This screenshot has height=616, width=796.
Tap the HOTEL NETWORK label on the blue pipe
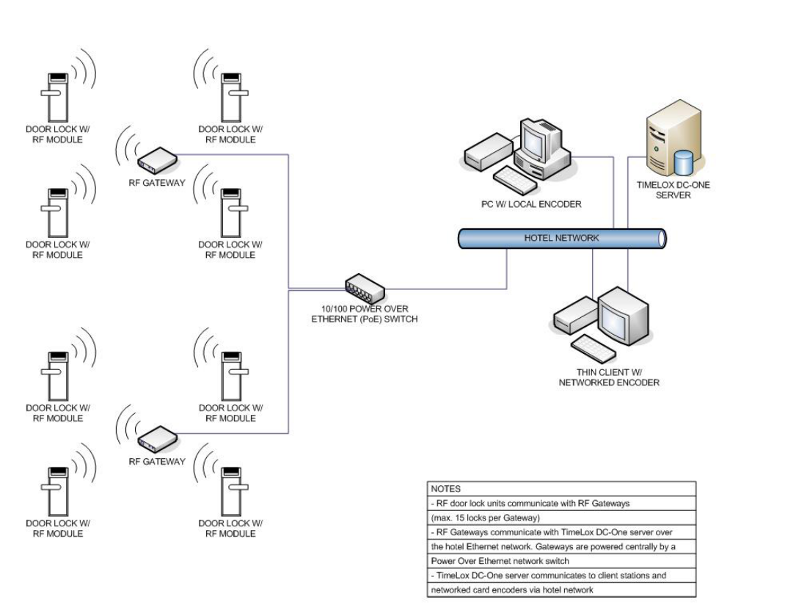click(561, 238)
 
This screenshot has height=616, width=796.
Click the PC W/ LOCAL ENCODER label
click(531, 204)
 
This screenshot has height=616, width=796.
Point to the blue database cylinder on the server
click(684, 160)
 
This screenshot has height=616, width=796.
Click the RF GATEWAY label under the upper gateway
click(157, 183)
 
